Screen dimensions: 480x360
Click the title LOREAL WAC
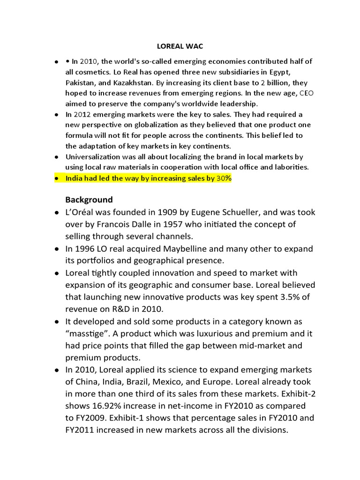tap(180, 47)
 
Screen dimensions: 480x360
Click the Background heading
tap(89, 199)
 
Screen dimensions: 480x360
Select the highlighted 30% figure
tap(224, 178)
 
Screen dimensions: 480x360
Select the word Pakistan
tap(80, 82)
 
